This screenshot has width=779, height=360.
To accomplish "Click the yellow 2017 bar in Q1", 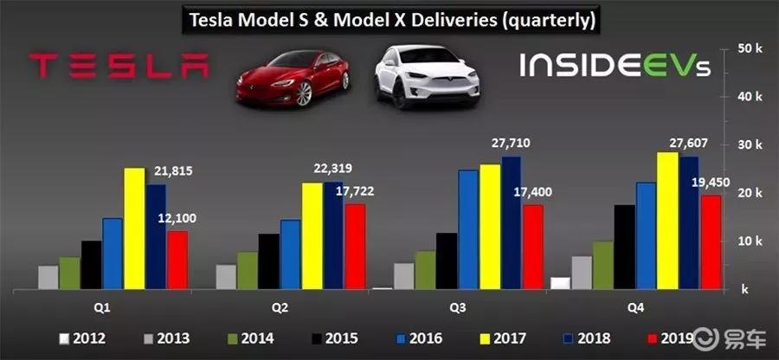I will [x=134, y=228].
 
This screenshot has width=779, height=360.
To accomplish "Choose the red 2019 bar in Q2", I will [x=355, y=247].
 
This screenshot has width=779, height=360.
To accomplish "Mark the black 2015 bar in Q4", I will [x=624, y=247].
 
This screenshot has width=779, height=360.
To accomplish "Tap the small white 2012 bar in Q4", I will [x=560, y=283].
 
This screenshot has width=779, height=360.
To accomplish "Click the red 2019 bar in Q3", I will [x=532, y=247].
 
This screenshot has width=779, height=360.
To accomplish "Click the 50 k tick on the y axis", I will [x=749, y=48].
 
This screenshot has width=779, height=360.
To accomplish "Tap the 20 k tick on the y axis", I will [x=749, y=193].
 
